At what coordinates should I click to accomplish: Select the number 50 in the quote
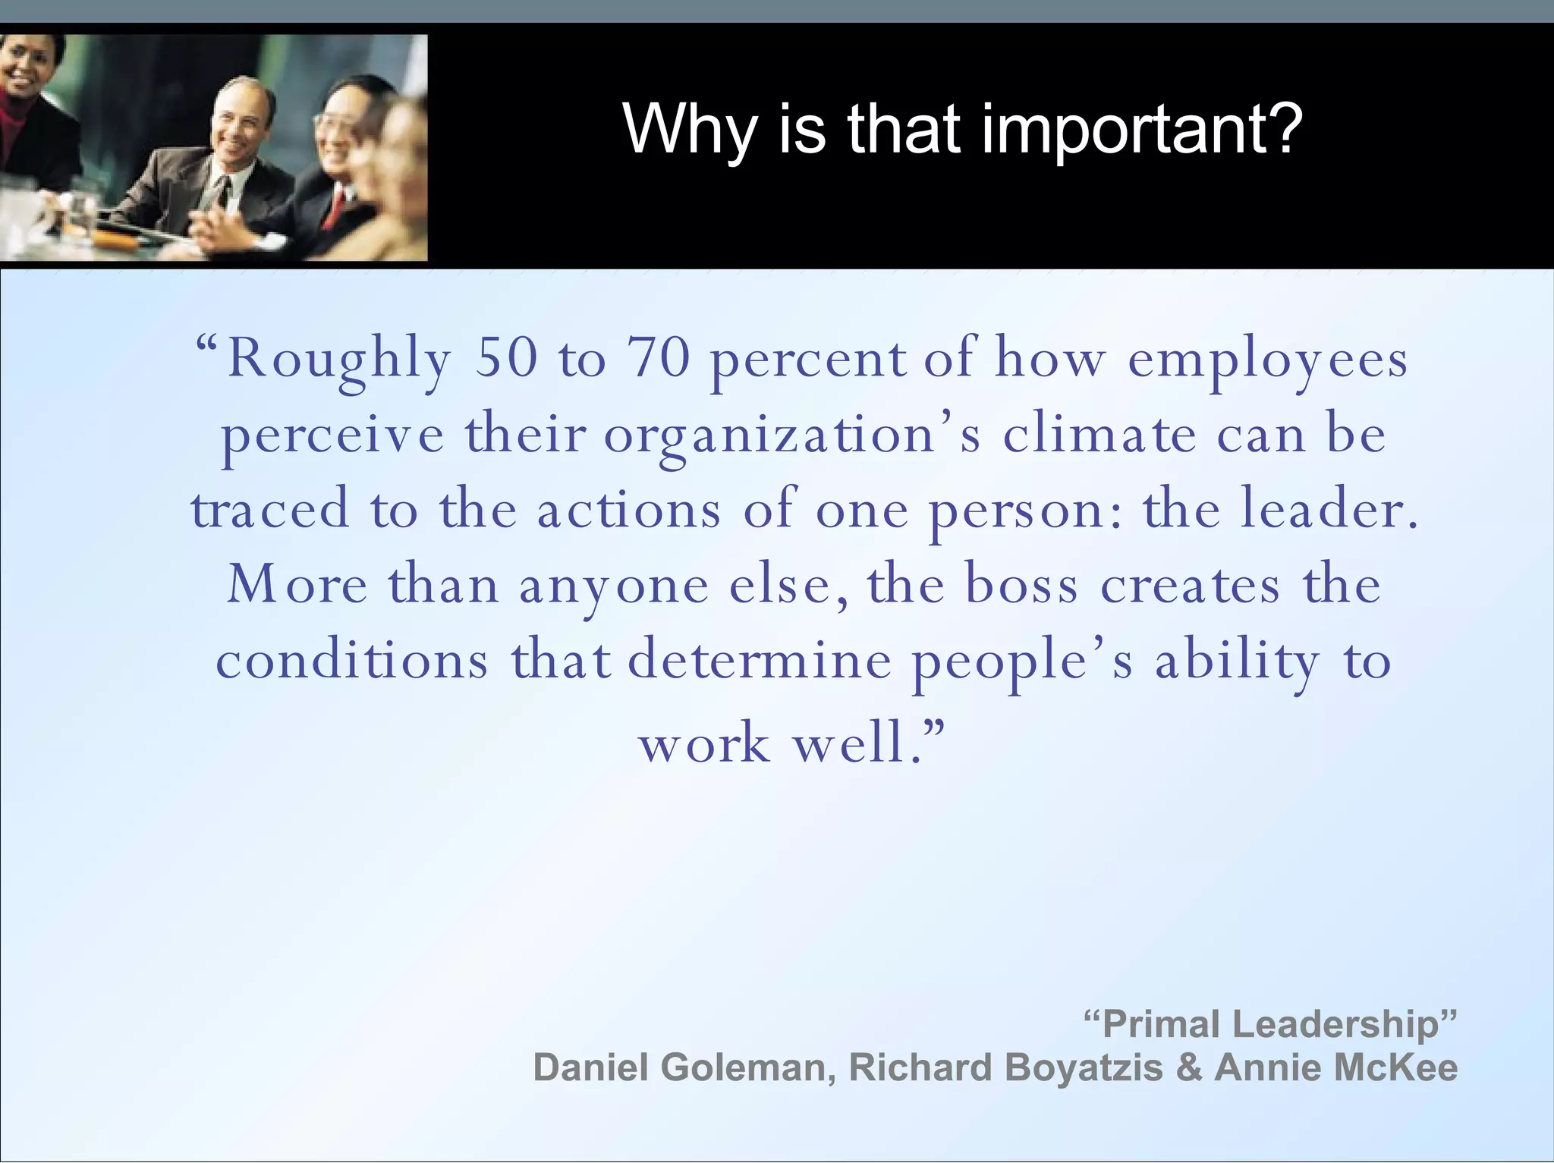(506, 358)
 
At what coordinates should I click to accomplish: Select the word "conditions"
(352, 660)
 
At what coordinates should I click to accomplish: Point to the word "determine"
(760, 660)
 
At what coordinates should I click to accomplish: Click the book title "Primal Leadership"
(1270, 1024)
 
